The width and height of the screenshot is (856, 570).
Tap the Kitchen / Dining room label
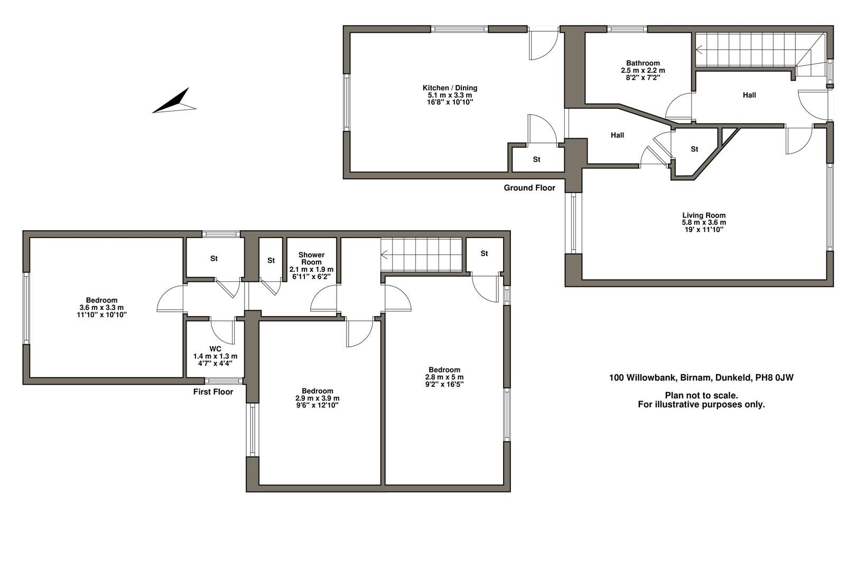point(450,88)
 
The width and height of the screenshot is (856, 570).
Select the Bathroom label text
point(643,63)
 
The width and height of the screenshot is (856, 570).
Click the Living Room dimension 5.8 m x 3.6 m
point(703,222)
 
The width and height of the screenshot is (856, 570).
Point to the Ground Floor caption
point(529,188)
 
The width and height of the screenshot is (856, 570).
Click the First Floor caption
point(213,392)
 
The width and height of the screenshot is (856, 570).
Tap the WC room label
point(215,349)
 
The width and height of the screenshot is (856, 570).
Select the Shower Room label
point(311,258)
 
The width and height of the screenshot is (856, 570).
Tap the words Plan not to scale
point(701,395)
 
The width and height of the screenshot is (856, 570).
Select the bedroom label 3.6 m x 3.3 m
point(101,307)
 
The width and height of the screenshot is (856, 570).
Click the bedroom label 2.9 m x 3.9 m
point(317,398)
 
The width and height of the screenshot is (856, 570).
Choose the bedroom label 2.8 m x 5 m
point(444,377)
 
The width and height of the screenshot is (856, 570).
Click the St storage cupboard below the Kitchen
point(536,159)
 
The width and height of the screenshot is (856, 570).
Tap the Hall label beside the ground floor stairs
point(749,95)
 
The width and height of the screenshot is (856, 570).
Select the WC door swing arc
point(222,332)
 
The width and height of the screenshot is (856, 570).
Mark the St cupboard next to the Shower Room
point(271,260)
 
